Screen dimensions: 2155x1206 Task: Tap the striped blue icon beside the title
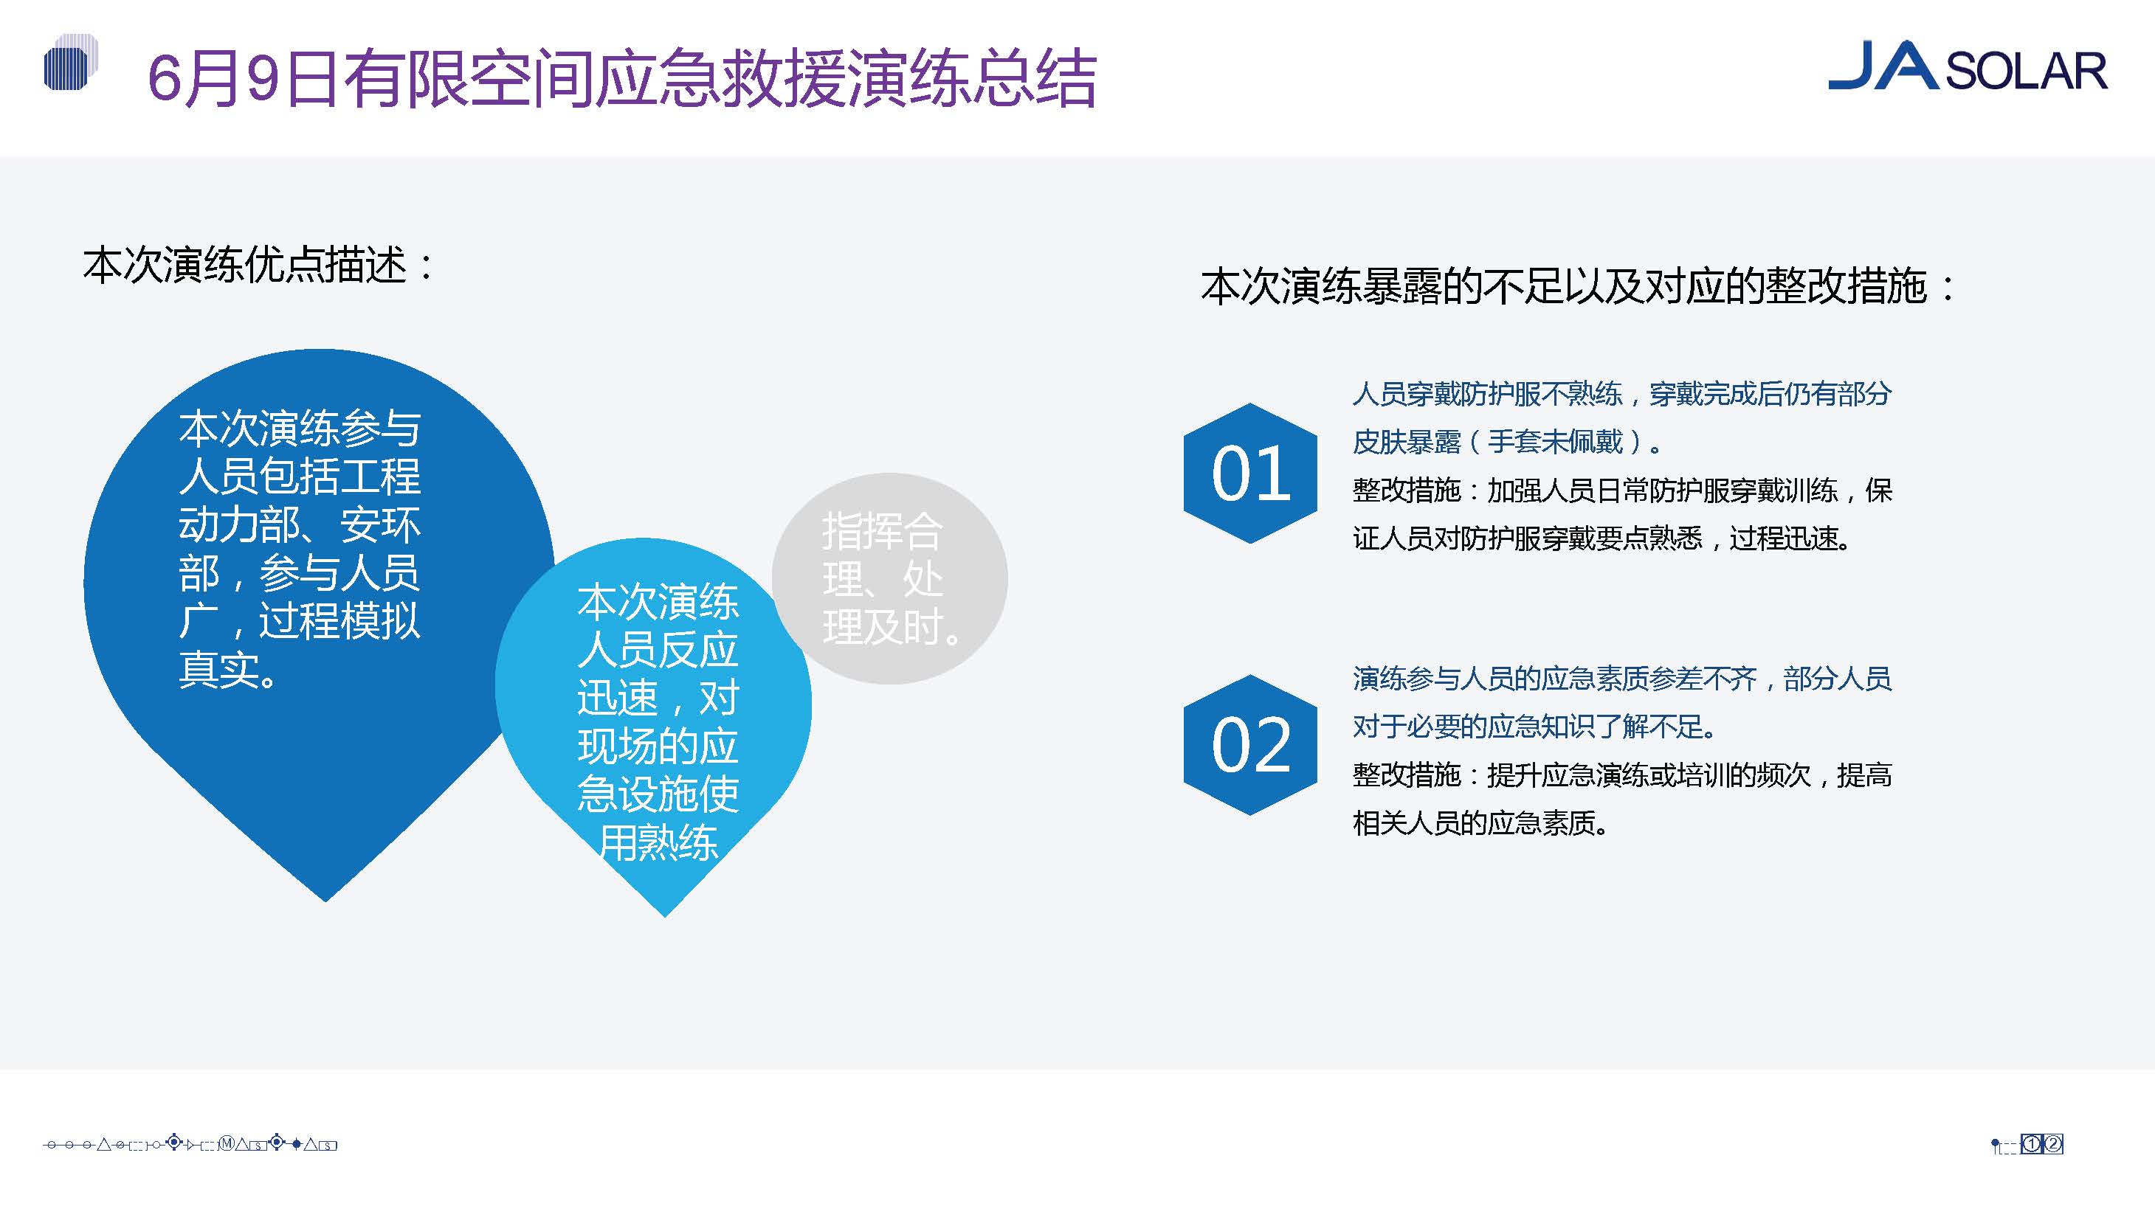tap(70, 63)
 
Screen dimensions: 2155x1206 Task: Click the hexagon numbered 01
tap(1250, 474)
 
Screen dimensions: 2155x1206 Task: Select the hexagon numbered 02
tap(1250, 745)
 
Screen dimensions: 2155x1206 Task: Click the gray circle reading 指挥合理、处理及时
tap(889, 579)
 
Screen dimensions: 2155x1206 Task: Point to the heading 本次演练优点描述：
tap(259, 266)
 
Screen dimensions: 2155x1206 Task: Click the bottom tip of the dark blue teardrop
tap(326, 901)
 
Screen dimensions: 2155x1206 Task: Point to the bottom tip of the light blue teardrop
tap(665, 918)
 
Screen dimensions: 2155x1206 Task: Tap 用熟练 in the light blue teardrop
tap(658, 842)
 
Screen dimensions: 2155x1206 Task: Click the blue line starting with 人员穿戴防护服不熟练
tap(1621, 393)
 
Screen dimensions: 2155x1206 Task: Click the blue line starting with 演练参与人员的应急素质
tap(1621, 679)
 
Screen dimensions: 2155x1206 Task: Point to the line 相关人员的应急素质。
tap(1480, 823)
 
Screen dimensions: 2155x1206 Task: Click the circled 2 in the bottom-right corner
tap(2053, 1144)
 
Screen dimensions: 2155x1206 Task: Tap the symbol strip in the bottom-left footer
tap(190, 1143)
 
